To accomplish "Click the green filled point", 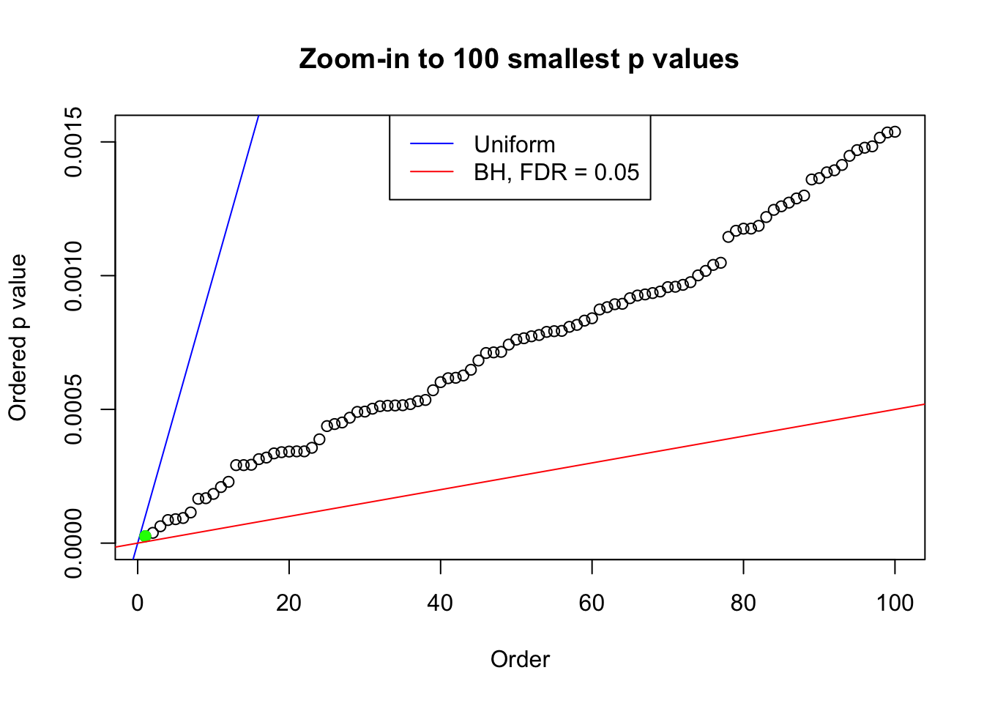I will [145, 536].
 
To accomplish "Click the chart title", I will [519, 59].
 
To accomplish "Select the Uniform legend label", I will [515, 144].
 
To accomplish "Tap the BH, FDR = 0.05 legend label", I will [556, 172].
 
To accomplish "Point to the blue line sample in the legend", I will [431, 144].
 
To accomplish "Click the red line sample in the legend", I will [431, 172].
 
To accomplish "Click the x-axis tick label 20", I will [289, 603].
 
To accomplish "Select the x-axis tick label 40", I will [441, 603].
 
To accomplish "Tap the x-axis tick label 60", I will [592, 603].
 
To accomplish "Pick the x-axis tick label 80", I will [743, 603].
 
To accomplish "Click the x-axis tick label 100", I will [895, 603].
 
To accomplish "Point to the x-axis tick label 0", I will [138, 603].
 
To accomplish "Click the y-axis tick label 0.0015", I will [74, 142].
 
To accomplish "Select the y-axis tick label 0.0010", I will [74, 276].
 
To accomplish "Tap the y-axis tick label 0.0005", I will [74, 409].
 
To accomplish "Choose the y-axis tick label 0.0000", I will [74, 543].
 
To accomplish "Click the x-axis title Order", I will [520, 660].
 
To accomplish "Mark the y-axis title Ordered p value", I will [18, 338].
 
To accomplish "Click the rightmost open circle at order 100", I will [895, 132].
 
